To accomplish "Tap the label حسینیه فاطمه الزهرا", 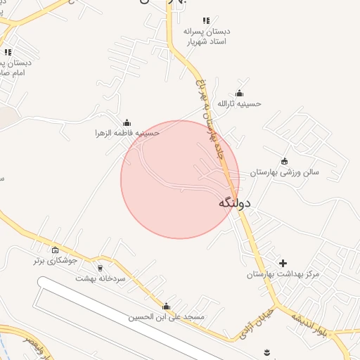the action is pos(128,133).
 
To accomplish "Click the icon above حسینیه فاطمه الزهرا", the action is pos(127,123).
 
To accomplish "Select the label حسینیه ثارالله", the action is pos(239,103).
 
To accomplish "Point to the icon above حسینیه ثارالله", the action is pos(239,94).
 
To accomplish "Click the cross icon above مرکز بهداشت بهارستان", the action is pos(283,263).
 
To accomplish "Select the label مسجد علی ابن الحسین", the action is pos(166,317).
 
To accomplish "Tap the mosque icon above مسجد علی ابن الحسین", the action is pos(166,307).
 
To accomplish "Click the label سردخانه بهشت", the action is pos(100,278).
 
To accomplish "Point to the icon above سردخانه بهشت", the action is pos(100,268).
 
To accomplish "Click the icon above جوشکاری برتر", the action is pos(56,250).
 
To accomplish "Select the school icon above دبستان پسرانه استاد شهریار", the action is pos(205,20).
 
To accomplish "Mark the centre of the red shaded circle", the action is pos(180,179).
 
